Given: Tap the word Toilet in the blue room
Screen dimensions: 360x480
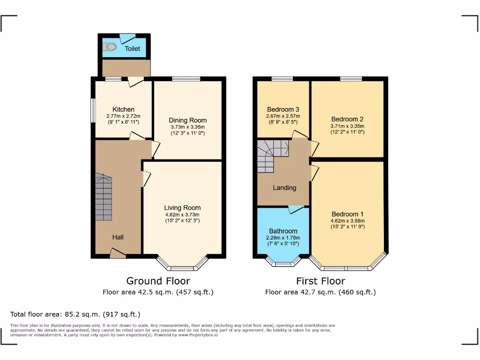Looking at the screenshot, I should click(x=132, y=49).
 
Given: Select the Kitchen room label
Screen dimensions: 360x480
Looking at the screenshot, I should click(x=123, y=109).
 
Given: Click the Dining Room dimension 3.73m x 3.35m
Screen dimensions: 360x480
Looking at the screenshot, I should click(x=187, y=127).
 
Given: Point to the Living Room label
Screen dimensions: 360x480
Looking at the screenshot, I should click(x=182, y=208).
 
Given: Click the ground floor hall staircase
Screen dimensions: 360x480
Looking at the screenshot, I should click(x=104, y=197).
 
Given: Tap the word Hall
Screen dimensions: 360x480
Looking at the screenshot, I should click(x=118, y=238).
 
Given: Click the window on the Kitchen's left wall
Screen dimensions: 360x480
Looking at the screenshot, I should click(x=93, y=111).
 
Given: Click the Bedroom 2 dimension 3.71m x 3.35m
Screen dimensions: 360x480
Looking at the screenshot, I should click(x=347, y=126).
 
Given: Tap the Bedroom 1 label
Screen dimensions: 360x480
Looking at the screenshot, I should click(x=347, y=214).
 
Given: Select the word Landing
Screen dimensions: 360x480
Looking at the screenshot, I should click(x=285, y=187).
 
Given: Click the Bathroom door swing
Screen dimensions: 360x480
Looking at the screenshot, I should click(x=295, y=210).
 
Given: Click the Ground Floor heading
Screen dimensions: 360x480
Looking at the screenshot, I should click(x=158, y=281).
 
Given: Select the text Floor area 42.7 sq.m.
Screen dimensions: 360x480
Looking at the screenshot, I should click(x=300, y=292).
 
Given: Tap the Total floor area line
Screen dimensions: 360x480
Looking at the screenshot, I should click(x=75, y=314).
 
